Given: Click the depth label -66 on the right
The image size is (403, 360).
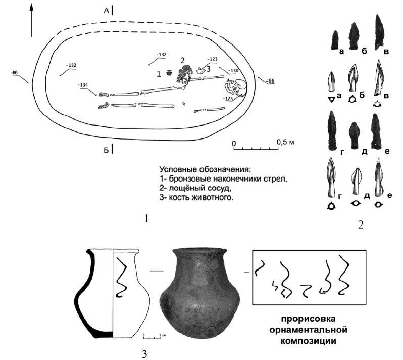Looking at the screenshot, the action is pos(270,80).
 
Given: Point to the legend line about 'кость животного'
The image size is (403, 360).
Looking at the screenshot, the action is pos(196,198).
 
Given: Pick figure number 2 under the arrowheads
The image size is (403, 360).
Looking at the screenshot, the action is pos(360,224).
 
